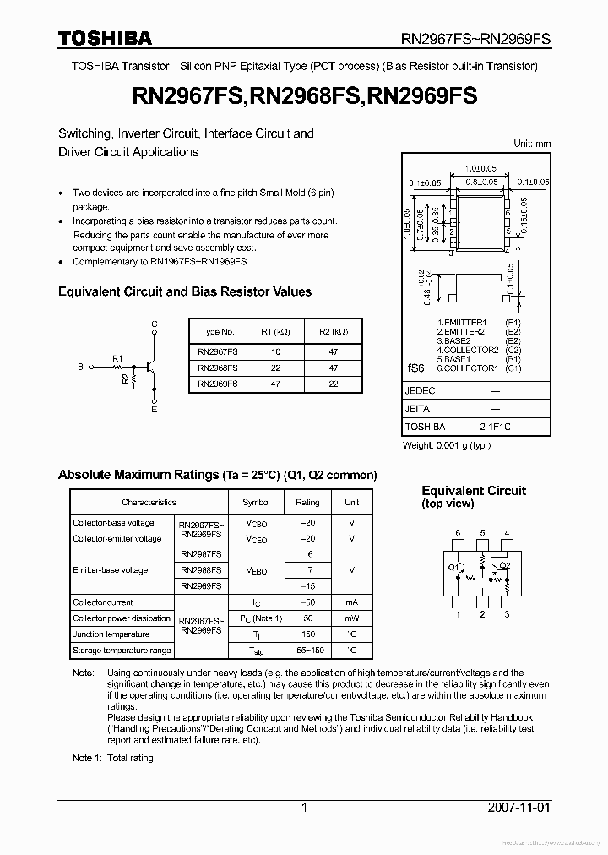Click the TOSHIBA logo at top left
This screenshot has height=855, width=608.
(x=105, y=38)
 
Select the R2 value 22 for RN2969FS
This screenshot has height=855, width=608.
(x=333, y=384)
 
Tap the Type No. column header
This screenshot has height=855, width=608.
(x=218, y=332)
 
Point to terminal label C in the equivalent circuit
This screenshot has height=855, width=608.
(x=154, y=324)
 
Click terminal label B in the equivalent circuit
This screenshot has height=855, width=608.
(x=81, y=367)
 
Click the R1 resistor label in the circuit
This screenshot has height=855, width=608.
(x=117, y=359)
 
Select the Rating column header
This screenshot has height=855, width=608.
(x=307, y=502)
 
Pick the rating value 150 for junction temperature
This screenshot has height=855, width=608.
(x=310, y=634)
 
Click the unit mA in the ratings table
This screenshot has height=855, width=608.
(x=351, y=602)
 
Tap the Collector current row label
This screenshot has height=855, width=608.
(x=103, y=602)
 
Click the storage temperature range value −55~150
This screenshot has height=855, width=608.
(x=310, y=651)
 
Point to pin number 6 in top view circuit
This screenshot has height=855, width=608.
(x=458, y=533)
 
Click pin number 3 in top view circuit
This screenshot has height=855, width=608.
(x=507, y=614)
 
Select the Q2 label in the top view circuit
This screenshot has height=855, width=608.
(x=505, y=565)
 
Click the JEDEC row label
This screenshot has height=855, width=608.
(x=420, y=391)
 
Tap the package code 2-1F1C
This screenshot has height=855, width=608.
(x=496, y=427)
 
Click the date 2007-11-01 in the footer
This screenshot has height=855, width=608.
(x=518, y=808)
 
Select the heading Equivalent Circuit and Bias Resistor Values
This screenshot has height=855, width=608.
(x=184, y=291)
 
